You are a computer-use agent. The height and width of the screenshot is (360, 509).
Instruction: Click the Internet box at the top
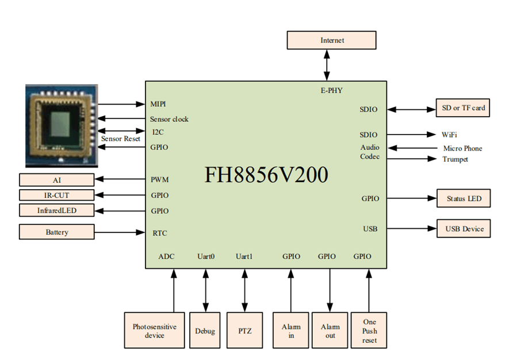332,40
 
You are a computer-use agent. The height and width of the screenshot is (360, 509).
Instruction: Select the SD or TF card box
463,108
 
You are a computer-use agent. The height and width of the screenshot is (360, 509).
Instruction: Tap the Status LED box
463,199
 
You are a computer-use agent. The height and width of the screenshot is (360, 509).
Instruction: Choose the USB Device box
463,229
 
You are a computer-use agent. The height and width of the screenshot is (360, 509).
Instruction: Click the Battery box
56,232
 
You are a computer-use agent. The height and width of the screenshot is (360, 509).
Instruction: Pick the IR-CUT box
56,195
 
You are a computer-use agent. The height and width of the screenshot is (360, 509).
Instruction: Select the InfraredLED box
56,210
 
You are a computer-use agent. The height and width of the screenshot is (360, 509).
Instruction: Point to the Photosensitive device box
155,331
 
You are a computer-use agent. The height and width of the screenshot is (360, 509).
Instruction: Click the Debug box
205,331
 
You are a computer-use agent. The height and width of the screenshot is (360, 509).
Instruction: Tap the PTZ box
244,331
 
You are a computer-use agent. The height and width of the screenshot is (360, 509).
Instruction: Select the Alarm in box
291,331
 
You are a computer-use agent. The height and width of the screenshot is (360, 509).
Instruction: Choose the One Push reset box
369,331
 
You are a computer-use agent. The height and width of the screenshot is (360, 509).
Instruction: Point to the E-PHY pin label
331,90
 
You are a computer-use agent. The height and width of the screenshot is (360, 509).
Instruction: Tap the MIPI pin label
158,104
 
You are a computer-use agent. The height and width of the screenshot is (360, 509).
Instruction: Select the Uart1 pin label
244,256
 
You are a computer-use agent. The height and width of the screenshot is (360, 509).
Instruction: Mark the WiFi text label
449,135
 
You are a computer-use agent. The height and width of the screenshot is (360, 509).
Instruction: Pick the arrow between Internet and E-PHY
327,64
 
